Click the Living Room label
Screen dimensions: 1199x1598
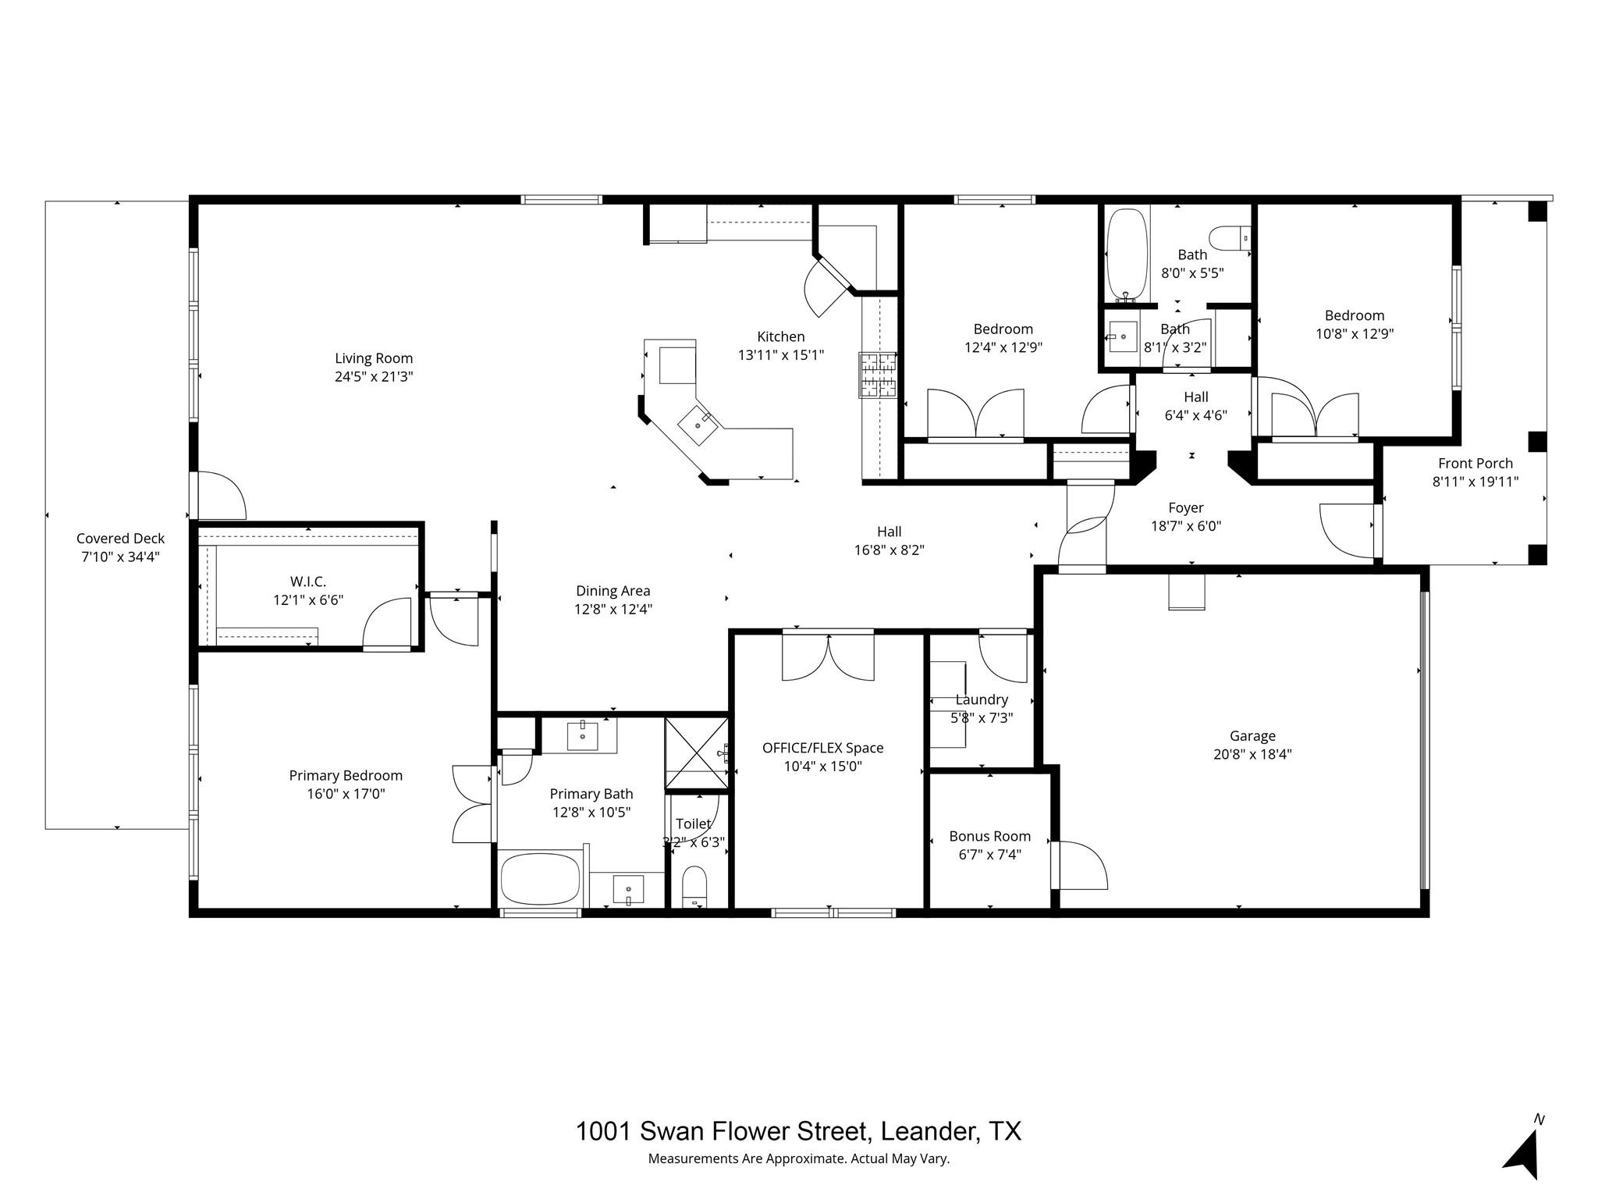point(374,358)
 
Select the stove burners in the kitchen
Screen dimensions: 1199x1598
point(878,375)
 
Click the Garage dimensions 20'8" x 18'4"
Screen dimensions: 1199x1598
point(1252,754)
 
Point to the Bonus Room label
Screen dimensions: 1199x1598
point(989,836)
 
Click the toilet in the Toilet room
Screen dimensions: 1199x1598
point(694,886)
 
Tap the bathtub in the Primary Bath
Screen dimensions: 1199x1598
point(540,879)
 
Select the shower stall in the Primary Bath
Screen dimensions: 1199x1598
point(696,754)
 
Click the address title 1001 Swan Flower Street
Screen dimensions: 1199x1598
point(797,1131)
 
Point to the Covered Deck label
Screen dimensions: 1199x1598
point(120,538)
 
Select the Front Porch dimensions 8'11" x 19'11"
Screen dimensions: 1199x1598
point(1475,482)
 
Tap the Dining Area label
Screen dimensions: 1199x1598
point(613,591)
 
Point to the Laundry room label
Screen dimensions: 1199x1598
point(981,699)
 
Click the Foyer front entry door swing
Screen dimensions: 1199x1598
point(1346,530)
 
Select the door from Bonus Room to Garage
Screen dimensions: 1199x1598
point(1079,864)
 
